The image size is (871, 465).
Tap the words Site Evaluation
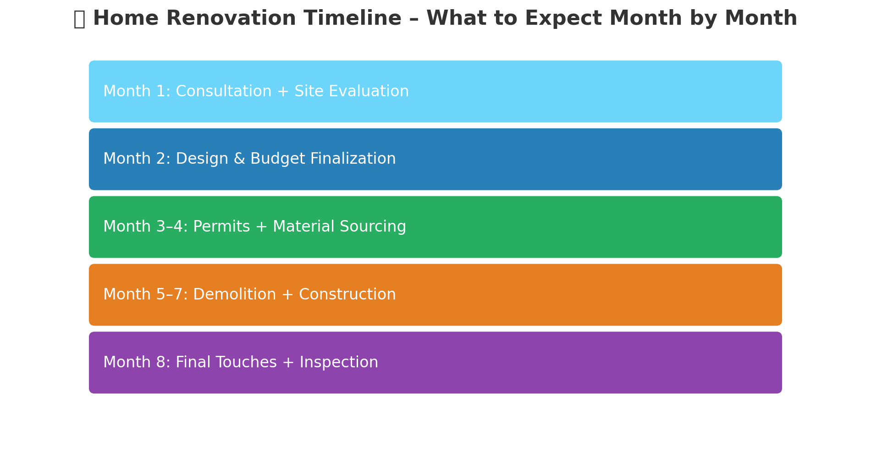pyautogui.click(x=351, y=91)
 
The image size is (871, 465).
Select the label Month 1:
pyautogui.click(x=137, y=91)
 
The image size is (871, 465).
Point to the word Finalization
pyautogui.click(x=353, y=159)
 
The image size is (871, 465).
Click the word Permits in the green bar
pyautogui.click(x=221, y=227)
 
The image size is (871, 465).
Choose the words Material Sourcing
pyautogui.click(x=339, y=227)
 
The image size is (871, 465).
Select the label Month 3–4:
pyautogui.click(x=145, y=227)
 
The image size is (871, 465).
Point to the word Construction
pyautogui.click(x=347, y=295)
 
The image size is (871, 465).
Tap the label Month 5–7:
pyautogui.click(x=145, y=295)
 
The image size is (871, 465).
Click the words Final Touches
pyautogui.click(x=226, y=363)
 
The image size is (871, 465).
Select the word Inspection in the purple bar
pyautogui.click(x=339, y=363)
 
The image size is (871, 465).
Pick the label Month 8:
pyautogui.click(x=137, y=363)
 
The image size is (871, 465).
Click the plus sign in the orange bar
pyautogui.click(x=287, y=295)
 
